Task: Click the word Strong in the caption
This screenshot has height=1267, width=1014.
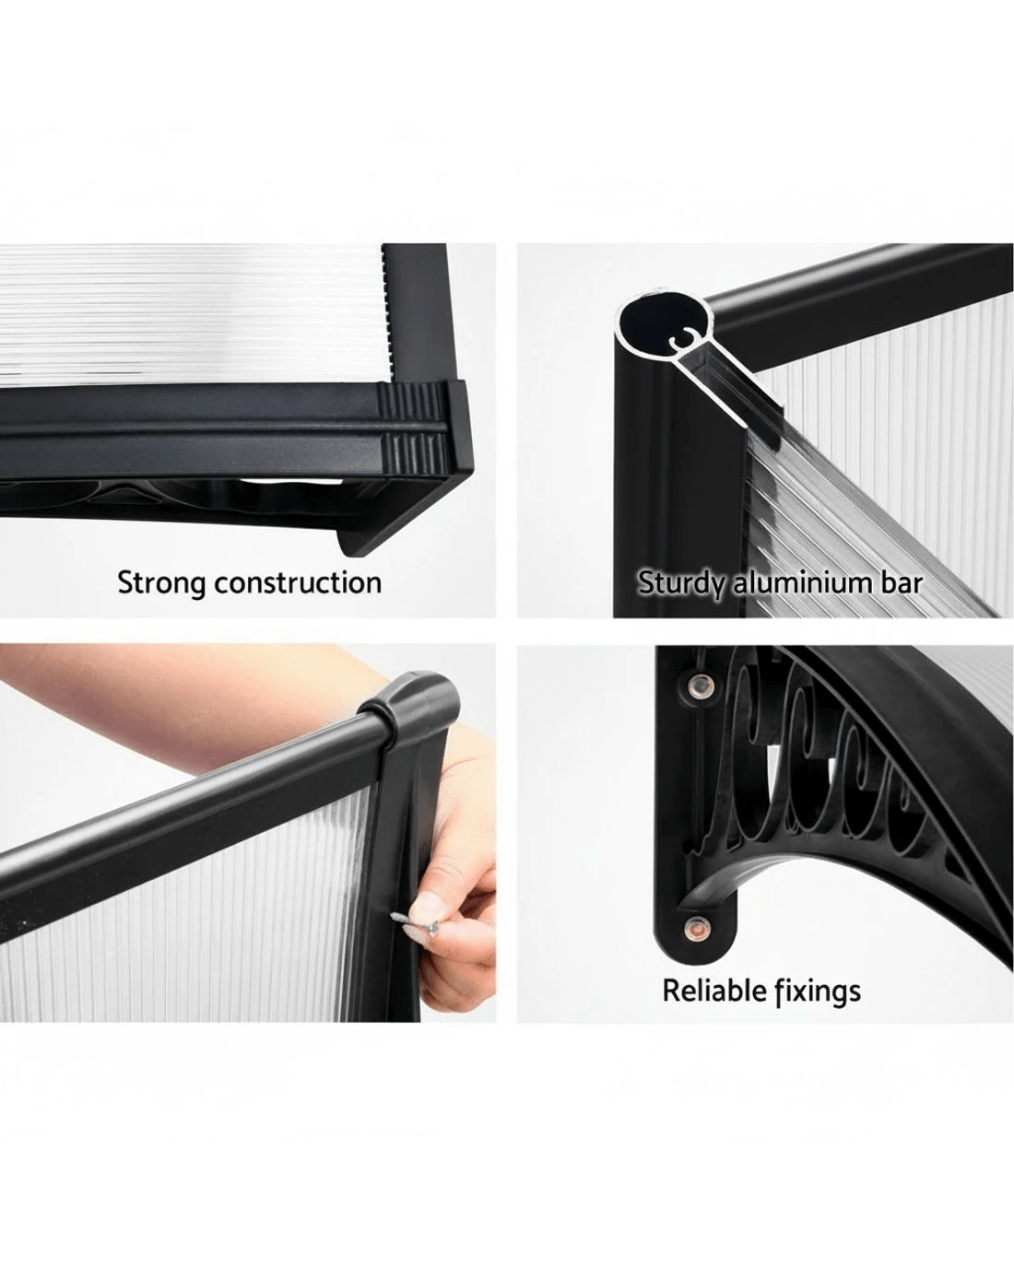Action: point(160,583)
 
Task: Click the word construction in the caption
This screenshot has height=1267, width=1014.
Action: point(298,583)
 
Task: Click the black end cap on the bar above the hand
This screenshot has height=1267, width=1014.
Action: point(412,700)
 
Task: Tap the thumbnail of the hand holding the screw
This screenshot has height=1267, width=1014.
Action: point(425,920)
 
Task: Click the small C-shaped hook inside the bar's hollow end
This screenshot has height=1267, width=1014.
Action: point(678,340)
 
